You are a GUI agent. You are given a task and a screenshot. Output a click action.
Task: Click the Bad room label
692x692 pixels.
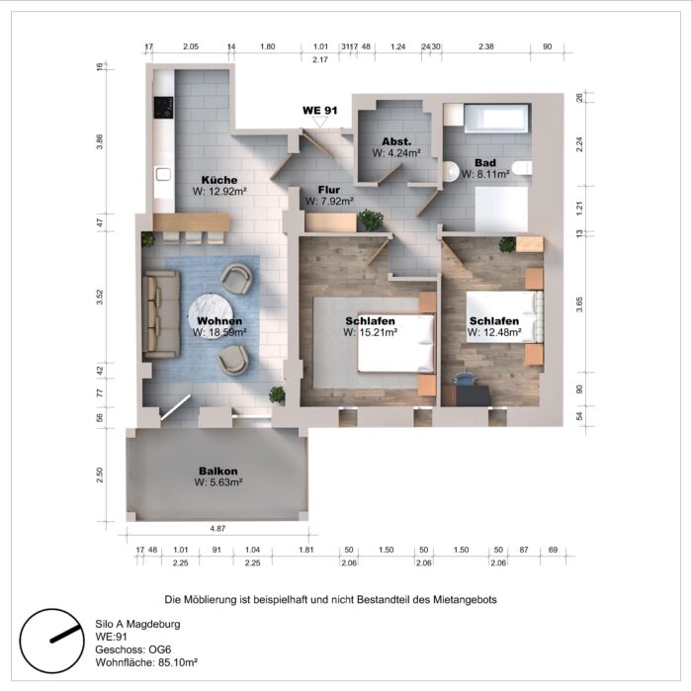484,162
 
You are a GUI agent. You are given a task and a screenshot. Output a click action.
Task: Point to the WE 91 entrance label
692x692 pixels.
319,111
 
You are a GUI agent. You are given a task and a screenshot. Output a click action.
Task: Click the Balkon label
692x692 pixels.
217,471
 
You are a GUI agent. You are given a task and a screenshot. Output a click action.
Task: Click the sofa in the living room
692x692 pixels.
156,316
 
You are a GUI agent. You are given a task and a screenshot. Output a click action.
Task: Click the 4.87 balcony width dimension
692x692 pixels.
216,529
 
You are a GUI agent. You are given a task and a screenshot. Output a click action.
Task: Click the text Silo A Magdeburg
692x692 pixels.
137,625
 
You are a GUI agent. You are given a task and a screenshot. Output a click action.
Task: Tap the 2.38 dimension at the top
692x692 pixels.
486,46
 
